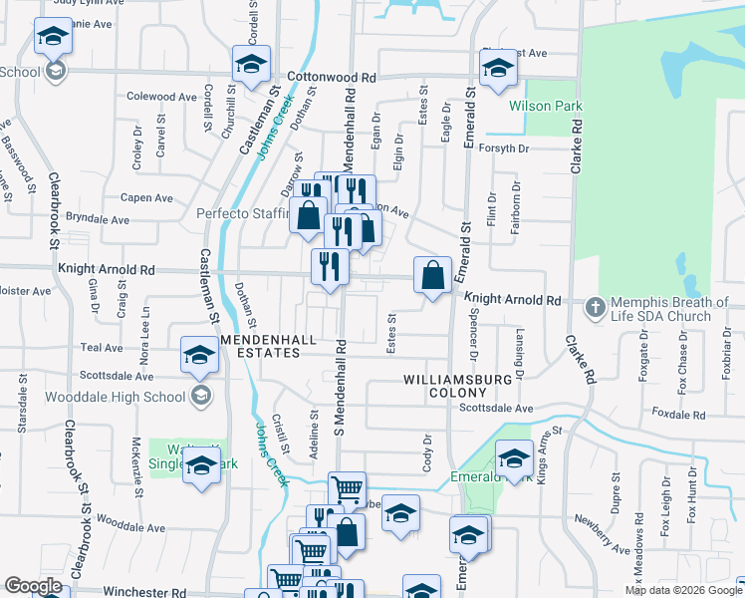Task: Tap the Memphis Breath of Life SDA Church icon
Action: pyautogui.click(x=596, y=307)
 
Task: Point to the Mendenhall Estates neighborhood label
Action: pyautogui.click(x=274, y=346)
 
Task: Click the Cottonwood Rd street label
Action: pyautogui.click(x=331, y=77)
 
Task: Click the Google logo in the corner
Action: pyautogui.click(x=32, y=586)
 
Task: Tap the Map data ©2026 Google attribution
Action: pyautogui.click(x=682, y=590)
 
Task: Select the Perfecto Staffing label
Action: pyautogui.click(x=241, y=213)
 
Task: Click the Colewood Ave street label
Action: pyautogui.click(x=161, y=97)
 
